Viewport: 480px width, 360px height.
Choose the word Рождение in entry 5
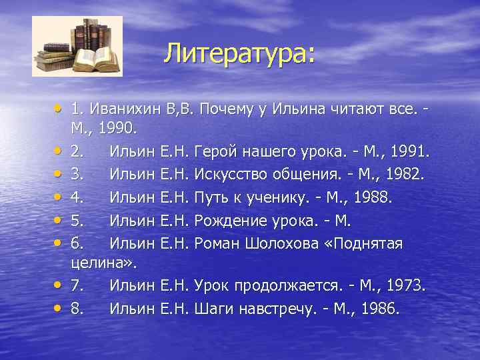pos(231,221)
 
